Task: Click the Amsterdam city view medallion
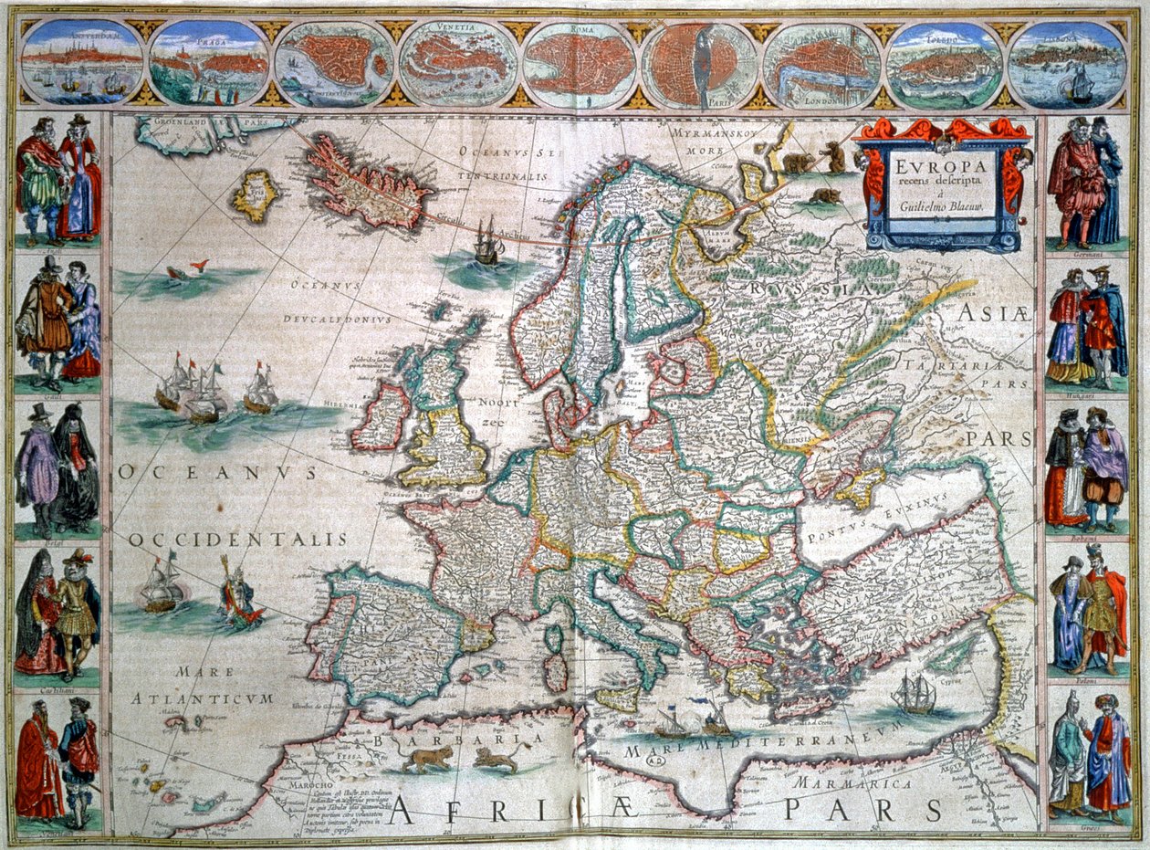81,61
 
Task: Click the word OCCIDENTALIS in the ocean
238,540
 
